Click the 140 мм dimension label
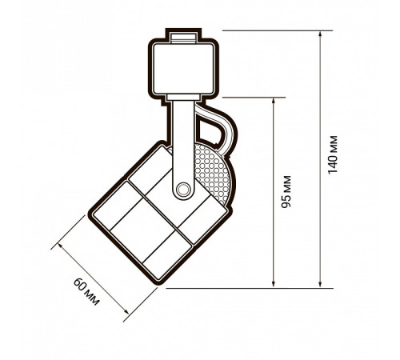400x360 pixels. click(x=333, y=155)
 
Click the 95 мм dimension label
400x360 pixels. click(x=286, y=192)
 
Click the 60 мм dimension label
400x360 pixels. click(x=86, y=291)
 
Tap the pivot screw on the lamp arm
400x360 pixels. click(x=183, y=190)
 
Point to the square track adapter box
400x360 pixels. click(x=184, y=70)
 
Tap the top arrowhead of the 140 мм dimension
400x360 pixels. click(x=320, y=34)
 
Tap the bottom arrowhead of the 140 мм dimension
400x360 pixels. click(x=320, y=284)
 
